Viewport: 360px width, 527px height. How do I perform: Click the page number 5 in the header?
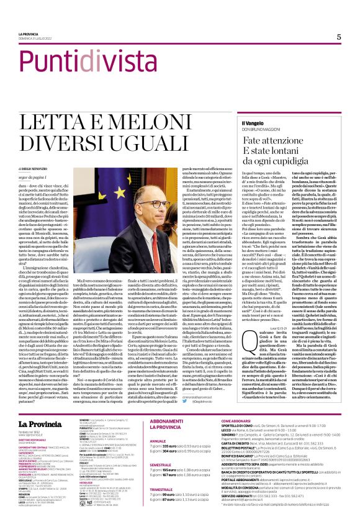click(x=339, y=37)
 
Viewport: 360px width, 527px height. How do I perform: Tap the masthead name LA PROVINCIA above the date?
click(x=30, y=35)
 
